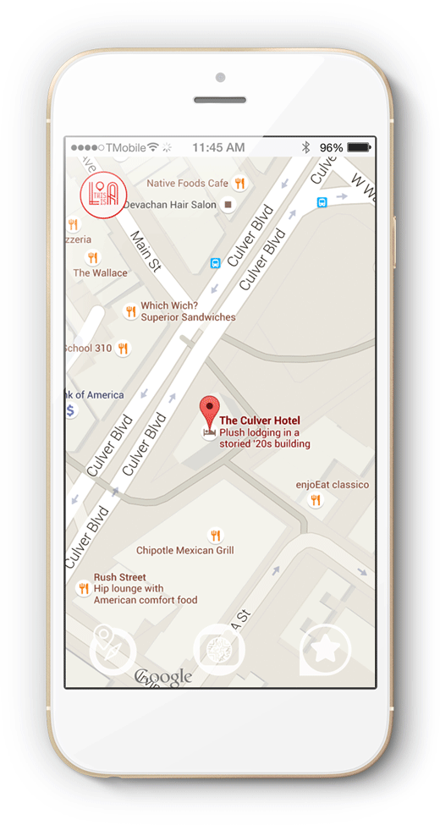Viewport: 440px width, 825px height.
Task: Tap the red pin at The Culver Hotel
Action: point(208,411)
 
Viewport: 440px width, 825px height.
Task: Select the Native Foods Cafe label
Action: point(187,183)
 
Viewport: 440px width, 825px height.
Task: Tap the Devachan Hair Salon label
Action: point(169,205)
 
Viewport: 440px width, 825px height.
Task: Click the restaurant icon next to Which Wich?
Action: point(130,311)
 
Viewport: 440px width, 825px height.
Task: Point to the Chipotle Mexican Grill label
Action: point(184,551)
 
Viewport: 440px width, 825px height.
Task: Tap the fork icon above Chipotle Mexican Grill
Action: point(215,535)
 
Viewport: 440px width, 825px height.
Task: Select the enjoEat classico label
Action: point(332,485)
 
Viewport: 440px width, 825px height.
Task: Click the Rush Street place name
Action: point(119,578)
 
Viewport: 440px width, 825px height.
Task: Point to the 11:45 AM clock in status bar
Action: point(218,147)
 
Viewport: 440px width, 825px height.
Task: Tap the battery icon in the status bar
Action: point(359,147)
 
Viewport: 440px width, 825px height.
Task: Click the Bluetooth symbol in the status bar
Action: point(306,147)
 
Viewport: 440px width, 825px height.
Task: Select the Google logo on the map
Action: point(163,677)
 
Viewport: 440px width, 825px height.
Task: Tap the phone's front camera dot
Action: point(220,78)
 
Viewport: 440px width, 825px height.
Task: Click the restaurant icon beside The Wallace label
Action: point(93,257)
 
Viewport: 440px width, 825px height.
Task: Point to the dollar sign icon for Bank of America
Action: point(72,410)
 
